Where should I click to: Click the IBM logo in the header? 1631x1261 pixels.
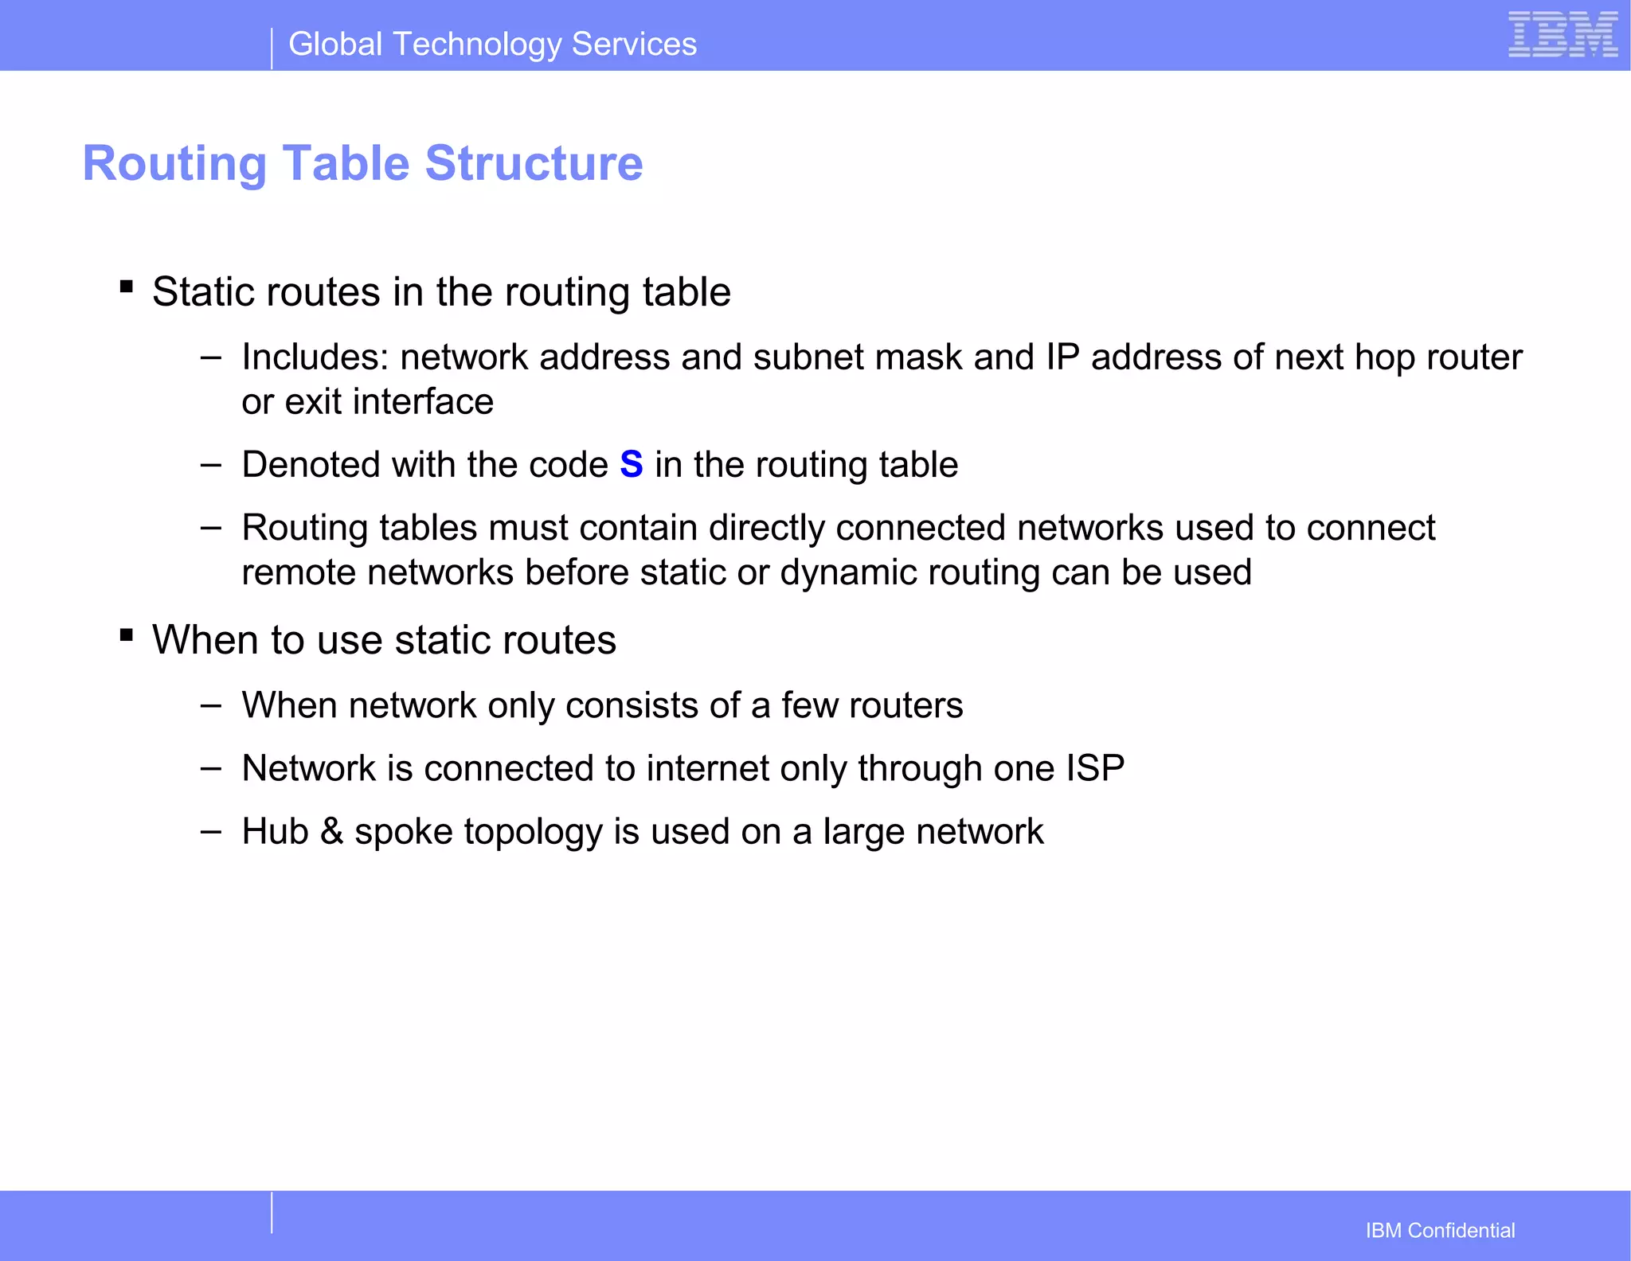(x=1563, y=35)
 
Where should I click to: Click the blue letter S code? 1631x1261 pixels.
(x=631, y=464)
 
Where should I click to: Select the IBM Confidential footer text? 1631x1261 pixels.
(x=1440, y=1230)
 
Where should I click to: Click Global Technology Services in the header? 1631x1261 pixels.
(x=492, y=45)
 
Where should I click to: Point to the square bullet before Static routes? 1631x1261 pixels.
(x=127, y=287)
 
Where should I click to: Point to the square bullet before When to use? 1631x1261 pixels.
(x=127, y=634)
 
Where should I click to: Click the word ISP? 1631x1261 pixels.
(x=1095, y=768)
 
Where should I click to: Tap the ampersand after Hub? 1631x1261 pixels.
(x=331, y=831)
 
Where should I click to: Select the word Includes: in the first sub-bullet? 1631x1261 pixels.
(x=315, y=357)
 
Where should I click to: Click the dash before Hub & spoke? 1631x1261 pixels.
(x=211, y=832)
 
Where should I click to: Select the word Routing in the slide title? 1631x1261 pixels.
(x=174, y=163)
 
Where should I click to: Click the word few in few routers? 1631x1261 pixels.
(x=809, y=705)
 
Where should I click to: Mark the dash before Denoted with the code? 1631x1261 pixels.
(x=211, y=465)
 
